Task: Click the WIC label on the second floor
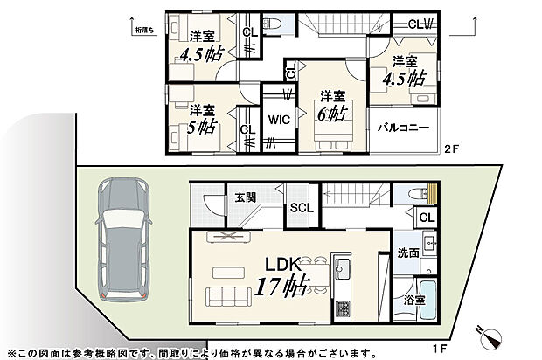279,120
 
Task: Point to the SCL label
301,208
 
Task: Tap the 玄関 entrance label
245,197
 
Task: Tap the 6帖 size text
331,114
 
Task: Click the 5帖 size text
200,126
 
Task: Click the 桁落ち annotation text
144,31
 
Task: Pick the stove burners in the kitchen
342,308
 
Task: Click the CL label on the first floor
427,218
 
